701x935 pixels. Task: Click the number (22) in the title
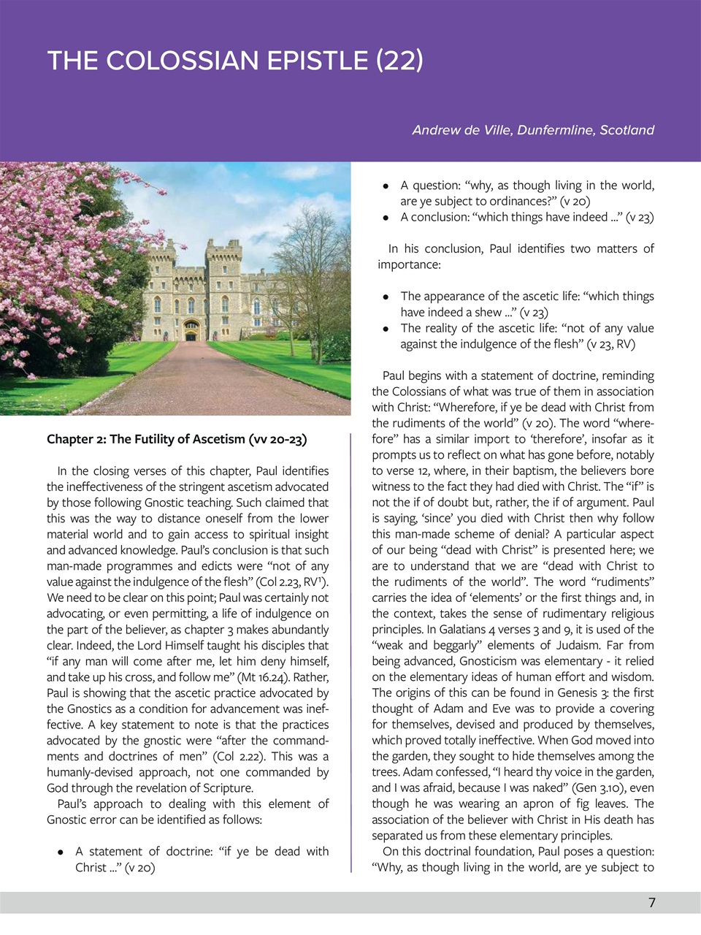pos(399,60)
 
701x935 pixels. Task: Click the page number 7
pos(652,903)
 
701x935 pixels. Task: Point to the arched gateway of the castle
pos(191,331)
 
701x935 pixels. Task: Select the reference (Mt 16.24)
pos(267,677)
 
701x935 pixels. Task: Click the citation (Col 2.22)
pos(244,757)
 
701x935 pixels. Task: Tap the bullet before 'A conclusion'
pos(385,218)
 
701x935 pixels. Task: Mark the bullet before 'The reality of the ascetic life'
pos(385,329)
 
